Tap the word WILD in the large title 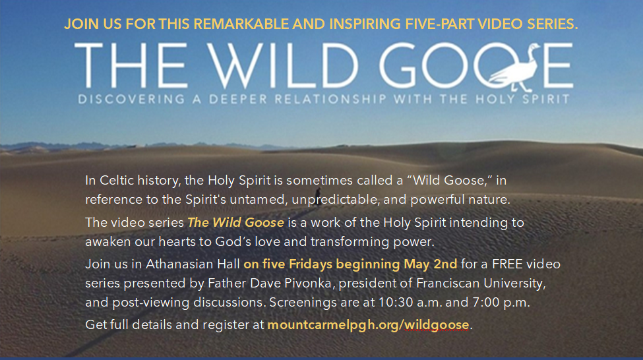click(282, 65)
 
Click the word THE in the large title click(131, 65)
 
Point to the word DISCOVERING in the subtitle click(132, 99)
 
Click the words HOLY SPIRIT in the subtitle click(522, 99)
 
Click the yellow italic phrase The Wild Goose click(236, 223)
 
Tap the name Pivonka click(307, 284)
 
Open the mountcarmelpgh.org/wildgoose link click(368, 325)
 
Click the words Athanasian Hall click(193, 264)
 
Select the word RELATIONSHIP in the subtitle click(330, 99)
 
